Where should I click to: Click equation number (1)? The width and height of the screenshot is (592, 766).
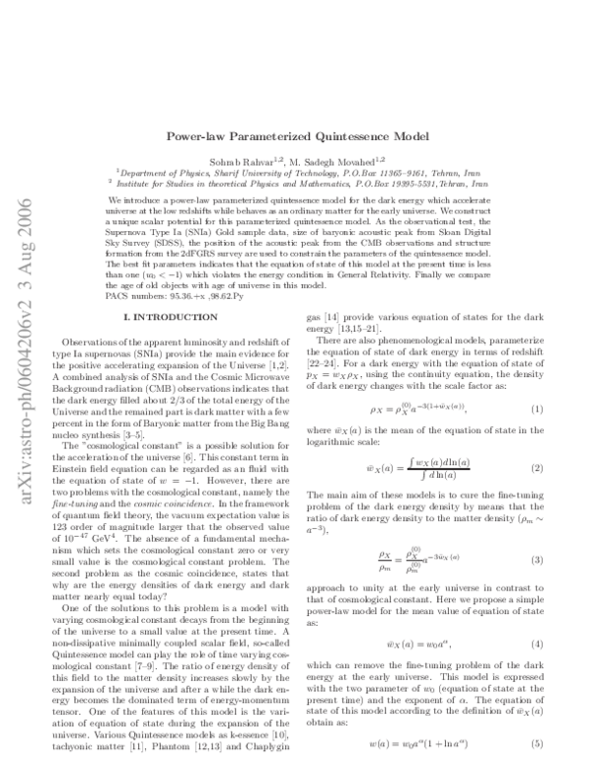pyautogui.click(x=534, y=381)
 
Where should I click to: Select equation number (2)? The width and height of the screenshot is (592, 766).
pyautogui.click(x=534, y=439)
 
